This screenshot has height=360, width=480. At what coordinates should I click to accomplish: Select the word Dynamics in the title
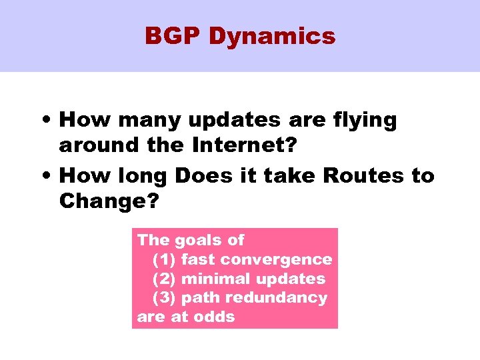pos(271,37)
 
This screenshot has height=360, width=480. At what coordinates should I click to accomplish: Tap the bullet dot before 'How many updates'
pos(48,121)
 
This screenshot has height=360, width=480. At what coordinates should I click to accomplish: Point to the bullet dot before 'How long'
pos(48,177)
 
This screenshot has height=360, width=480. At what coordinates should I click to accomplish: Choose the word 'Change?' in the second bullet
pos(109,200)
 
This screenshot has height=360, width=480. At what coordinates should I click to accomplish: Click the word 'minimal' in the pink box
pos(213,279)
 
